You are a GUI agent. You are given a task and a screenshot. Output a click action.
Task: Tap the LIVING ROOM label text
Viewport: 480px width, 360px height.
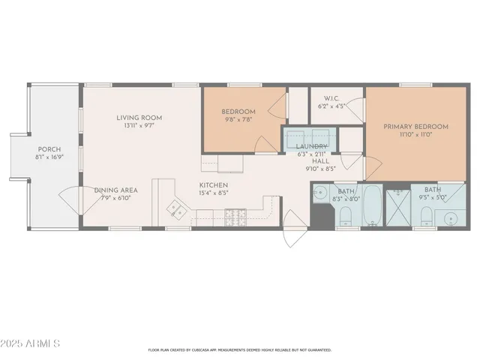click(139, 118)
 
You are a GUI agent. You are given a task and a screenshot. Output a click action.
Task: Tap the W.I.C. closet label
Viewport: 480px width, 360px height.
click(333, 98)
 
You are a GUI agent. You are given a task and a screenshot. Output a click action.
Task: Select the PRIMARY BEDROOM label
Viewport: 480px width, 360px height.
click(415, 127)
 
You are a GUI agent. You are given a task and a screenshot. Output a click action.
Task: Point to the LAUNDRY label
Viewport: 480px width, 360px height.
click(310, 146)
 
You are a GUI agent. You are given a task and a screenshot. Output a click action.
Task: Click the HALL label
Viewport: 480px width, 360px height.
click(320, 160)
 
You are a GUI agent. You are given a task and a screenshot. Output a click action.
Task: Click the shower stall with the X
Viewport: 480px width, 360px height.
click(397, 208)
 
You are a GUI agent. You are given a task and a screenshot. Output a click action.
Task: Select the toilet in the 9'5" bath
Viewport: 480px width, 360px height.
click(424, 216)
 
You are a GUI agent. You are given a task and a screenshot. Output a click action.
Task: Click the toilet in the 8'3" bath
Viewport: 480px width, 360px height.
click(345, 218)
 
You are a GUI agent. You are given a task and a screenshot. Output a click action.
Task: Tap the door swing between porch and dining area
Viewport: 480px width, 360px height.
click(70, 199)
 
